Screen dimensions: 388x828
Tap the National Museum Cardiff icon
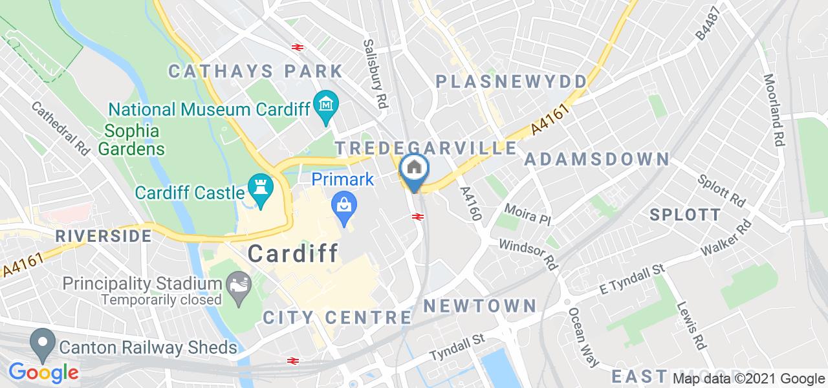tap(325, 102)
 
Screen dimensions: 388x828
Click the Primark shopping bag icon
tap(343, 206)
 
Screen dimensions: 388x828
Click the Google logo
tap(43, 372)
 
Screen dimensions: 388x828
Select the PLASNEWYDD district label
tap(511, 81)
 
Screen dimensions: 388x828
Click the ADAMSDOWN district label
tap(596, 159)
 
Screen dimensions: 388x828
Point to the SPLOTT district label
tap(684, 215)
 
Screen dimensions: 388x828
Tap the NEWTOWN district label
tap(480, 305)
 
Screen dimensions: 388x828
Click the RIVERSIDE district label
tap(103, 236)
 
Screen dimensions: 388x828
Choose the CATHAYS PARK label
tap(256, 71)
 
